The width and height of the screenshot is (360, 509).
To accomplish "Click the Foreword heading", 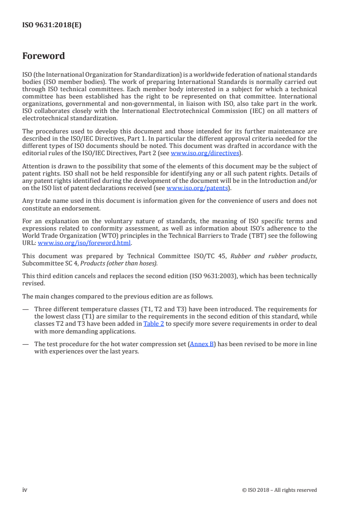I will click(44, 56).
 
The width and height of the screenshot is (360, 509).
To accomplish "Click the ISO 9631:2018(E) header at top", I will click(52, 25).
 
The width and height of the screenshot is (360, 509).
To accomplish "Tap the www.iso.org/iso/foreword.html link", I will click(85, 243).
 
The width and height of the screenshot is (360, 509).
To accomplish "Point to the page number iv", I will click(25, 489).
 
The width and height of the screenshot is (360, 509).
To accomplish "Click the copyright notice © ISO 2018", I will click(280, 490).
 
